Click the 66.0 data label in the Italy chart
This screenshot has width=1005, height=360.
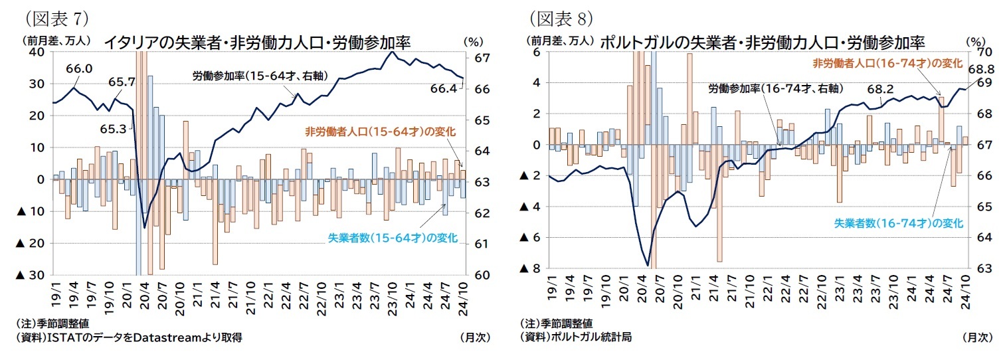point(79,68)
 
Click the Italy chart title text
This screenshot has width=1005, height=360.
point(256,43)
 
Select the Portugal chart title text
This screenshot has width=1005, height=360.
point(763,43)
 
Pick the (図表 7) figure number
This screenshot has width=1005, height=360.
point(56,15)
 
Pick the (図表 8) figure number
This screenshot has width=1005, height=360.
point(560,15)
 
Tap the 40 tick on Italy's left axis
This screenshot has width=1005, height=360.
point(37,52)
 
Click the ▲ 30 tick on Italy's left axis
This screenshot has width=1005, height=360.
point(31,275)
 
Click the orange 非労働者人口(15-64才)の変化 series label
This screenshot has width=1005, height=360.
point(379,132)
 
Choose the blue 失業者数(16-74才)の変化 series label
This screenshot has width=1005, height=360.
point(897,224)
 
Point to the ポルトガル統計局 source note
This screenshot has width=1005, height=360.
point(576,337)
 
